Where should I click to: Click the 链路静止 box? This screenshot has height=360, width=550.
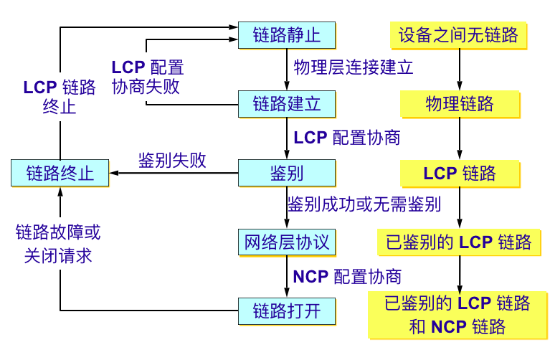click(287, 34)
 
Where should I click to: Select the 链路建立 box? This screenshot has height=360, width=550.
click(287, 103)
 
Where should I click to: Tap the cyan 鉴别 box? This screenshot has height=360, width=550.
click(287, 173)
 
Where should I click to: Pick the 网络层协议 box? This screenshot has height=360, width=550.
click(287, 242)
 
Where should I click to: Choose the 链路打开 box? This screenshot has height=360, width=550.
click(287, 311)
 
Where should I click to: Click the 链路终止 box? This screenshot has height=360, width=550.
click(60, 173)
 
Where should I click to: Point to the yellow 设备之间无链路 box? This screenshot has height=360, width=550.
click(459, 34)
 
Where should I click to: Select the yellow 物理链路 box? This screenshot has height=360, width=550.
click(459, 104)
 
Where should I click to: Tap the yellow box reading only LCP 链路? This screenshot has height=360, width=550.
click(459, 173)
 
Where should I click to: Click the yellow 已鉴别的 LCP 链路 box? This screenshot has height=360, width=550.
click(459, 242)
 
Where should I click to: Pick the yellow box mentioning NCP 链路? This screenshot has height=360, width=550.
click(459, 315)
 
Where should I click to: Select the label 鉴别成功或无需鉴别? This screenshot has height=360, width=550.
click(364, 205)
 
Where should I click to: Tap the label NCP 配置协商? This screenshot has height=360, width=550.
click(348, 276)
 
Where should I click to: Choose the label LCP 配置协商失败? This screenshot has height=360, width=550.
click(148, 77)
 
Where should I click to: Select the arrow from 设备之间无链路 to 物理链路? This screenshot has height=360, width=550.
click(459, 69)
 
